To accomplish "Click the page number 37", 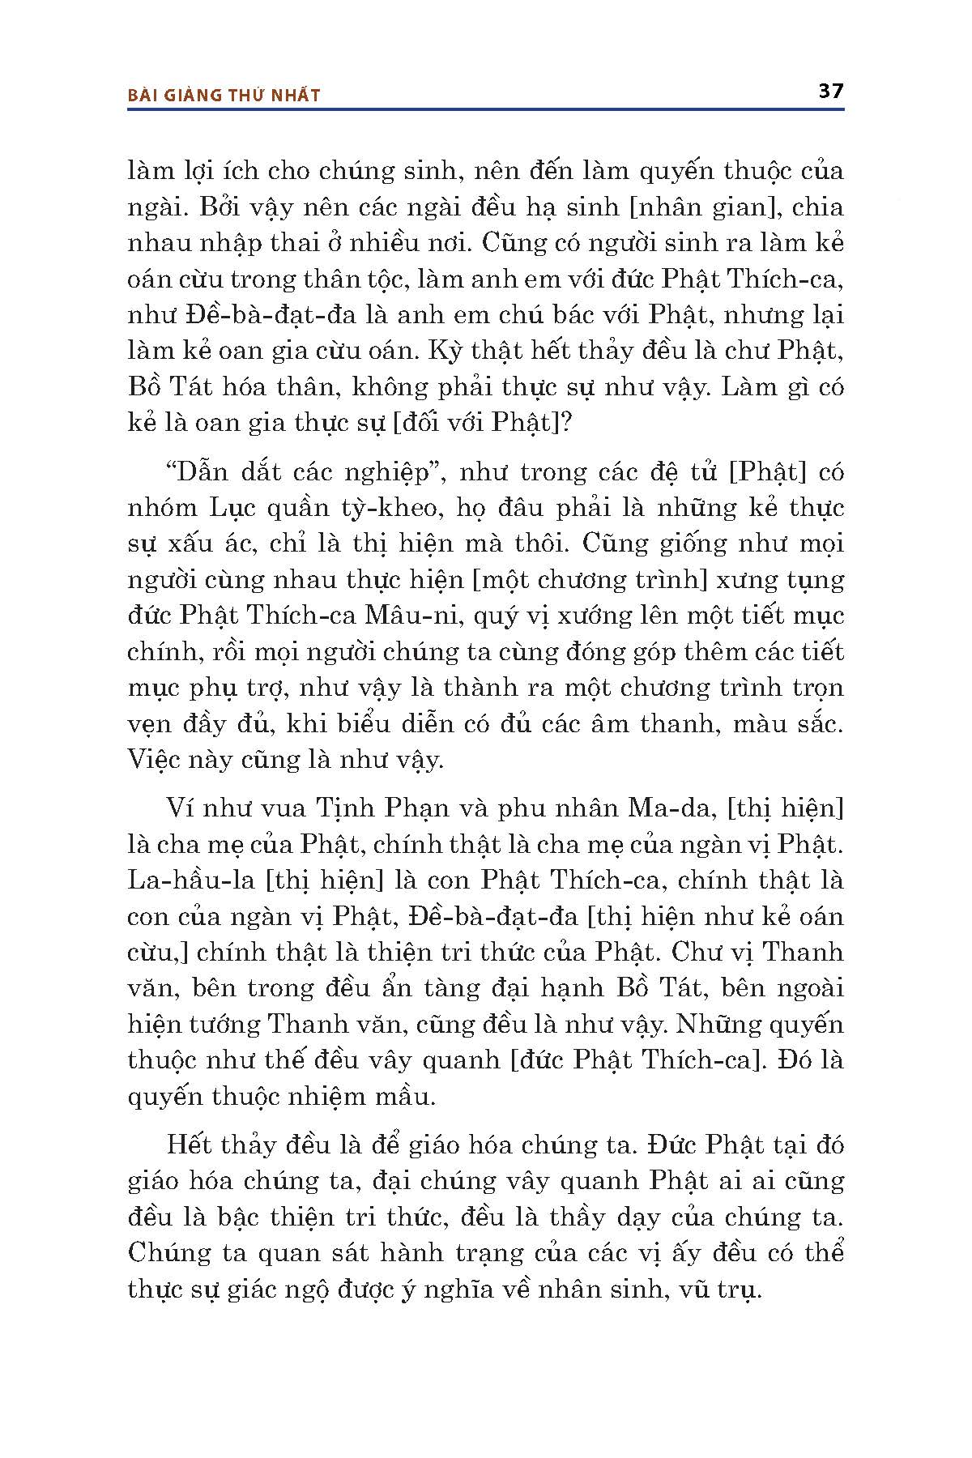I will click(830, 91).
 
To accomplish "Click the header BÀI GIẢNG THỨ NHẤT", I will click(224, 96).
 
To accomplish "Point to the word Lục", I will click(233, 508).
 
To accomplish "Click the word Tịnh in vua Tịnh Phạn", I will click(342, 808).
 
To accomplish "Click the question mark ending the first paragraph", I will click(566, 423).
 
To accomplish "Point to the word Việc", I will click(152, 759).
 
